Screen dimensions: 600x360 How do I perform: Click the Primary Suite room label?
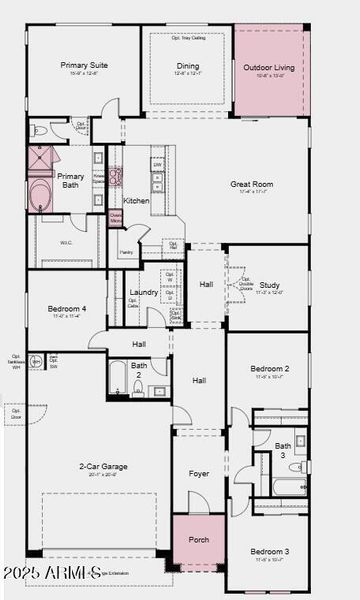click(84, 65)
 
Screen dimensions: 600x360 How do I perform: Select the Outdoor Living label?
click(269, 68)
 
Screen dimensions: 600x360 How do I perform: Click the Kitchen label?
click(136, 200)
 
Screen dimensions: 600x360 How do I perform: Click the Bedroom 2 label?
click(270, 369)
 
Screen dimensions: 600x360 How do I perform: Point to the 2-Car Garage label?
click(102, 466)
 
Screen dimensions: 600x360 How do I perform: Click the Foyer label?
click(199, 473)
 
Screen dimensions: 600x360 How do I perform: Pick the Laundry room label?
click(143, 292)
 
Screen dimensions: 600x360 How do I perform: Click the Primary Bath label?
click(71, 181)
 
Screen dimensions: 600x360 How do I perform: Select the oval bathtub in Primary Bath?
click(40, 194)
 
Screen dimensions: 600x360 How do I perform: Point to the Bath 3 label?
click(283, 449)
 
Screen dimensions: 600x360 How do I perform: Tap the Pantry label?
click(126, 253)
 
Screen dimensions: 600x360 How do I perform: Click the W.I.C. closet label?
click(66, 242)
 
